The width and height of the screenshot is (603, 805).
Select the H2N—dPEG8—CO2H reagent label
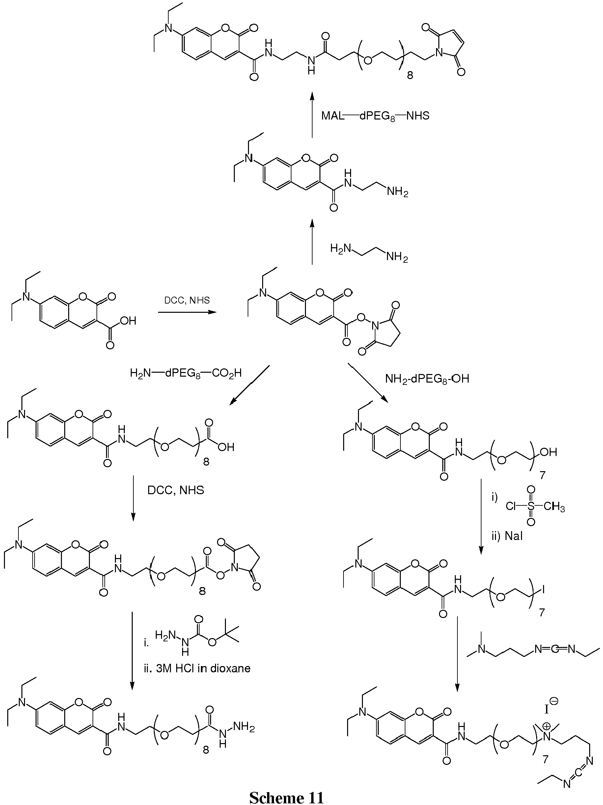(x=186, y=373)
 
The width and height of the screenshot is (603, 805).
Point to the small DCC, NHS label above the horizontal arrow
(x=187, y=300)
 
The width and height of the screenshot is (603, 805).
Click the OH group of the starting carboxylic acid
(x=127, y=321)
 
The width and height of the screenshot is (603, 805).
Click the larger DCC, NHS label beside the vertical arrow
(x=176, y=490)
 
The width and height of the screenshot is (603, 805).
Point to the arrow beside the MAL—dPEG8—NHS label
(x=312, y=115)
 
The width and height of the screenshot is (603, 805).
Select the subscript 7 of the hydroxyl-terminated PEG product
(x=543, y=476)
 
